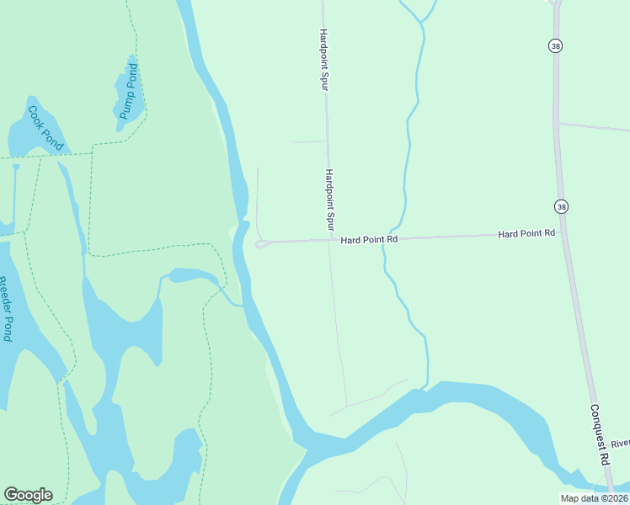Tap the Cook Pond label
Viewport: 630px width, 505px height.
pos(45,127)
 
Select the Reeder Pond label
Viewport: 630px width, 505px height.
pos(7,309)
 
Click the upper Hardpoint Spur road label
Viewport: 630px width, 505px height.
pos(323,60)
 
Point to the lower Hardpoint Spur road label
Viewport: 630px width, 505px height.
pos(329,200)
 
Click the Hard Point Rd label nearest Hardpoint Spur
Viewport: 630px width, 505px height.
pos(369,240)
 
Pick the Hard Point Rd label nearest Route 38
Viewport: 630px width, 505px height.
pos(526,233)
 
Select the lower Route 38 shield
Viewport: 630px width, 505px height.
pos(561,206)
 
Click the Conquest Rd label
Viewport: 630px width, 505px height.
pos(599,435)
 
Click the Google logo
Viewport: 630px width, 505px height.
pos(28,494)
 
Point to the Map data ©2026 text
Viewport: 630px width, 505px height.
pos(593,498)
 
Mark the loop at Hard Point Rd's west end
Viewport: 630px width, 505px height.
pos(261,244)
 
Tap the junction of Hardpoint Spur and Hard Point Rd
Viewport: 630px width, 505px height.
pos(329,241)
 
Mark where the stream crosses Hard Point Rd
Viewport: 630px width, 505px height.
pos(389,238)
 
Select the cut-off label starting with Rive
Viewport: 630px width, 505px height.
pos(620,444)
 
